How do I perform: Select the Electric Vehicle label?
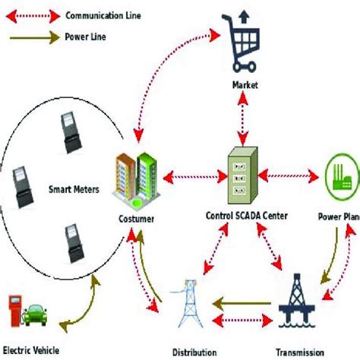[31, 350]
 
